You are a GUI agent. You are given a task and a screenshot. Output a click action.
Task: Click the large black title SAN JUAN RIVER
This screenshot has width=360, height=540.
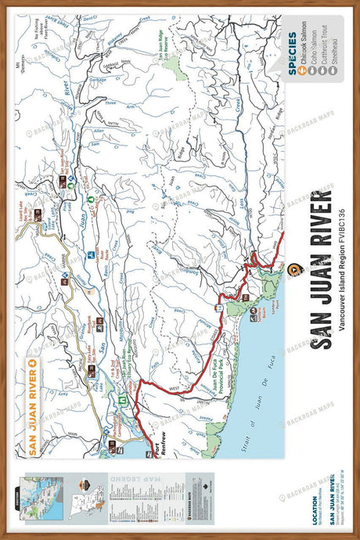322,270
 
